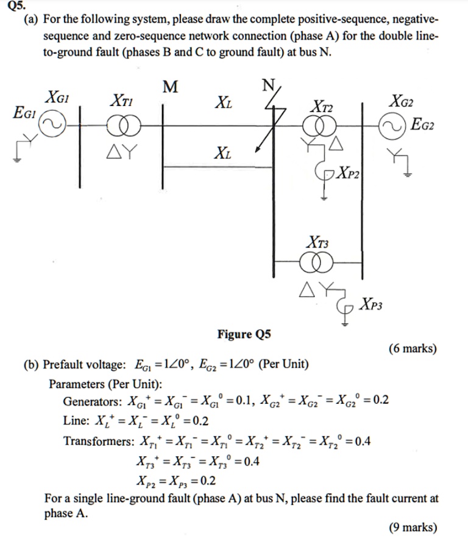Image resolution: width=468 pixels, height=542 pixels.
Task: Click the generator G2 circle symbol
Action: pos(392,127)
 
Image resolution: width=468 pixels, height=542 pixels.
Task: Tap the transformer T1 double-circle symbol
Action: pos(124,126)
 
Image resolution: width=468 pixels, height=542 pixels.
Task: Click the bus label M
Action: pos(170,86)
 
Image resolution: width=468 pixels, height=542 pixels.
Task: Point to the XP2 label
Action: pos(349,172)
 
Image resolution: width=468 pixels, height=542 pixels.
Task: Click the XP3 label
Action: pos(370,304)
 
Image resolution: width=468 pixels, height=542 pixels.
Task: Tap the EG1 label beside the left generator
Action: pos(24,112)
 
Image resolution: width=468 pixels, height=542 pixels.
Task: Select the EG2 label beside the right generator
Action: pos(422,124)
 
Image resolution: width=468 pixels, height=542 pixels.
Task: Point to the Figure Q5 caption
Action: pos(244,334)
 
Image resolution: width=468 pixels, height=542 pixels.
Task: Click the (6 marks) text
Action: pos(413,348)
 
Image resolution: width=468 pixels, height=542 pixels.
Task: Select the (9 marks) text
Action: pos(413,527)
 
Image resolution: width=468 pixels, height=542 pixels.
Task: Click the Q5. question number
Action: pos(16,6)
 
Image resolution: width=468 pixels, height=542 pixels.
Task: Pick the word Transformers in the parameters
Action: pos(99,441)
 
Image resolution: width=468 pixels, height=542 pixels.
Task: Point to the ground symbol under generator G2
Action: pos(408,175)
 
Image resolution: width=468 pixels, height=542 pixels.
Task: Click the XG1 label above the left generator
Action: pos(57,97)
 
